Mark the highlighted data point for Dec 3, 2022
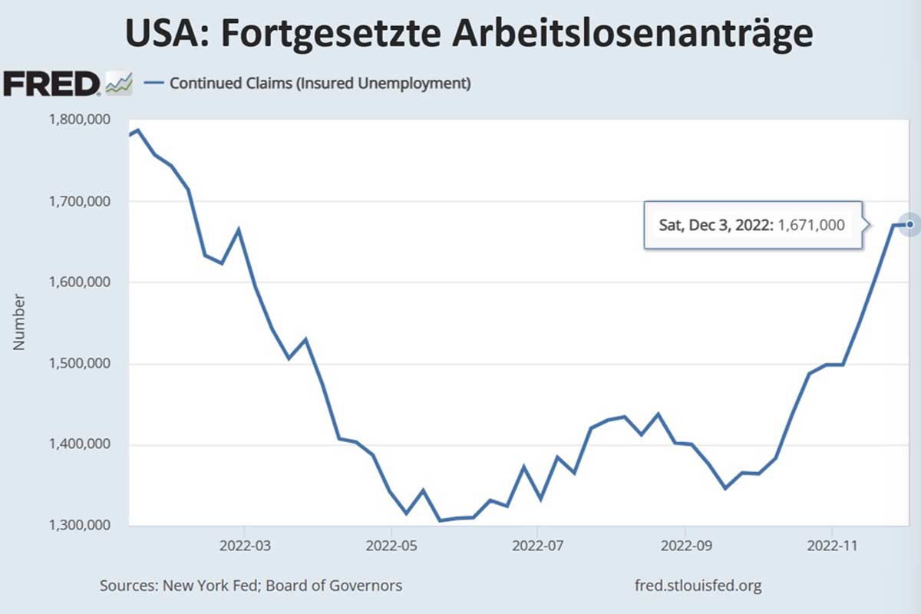point(909,224)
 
